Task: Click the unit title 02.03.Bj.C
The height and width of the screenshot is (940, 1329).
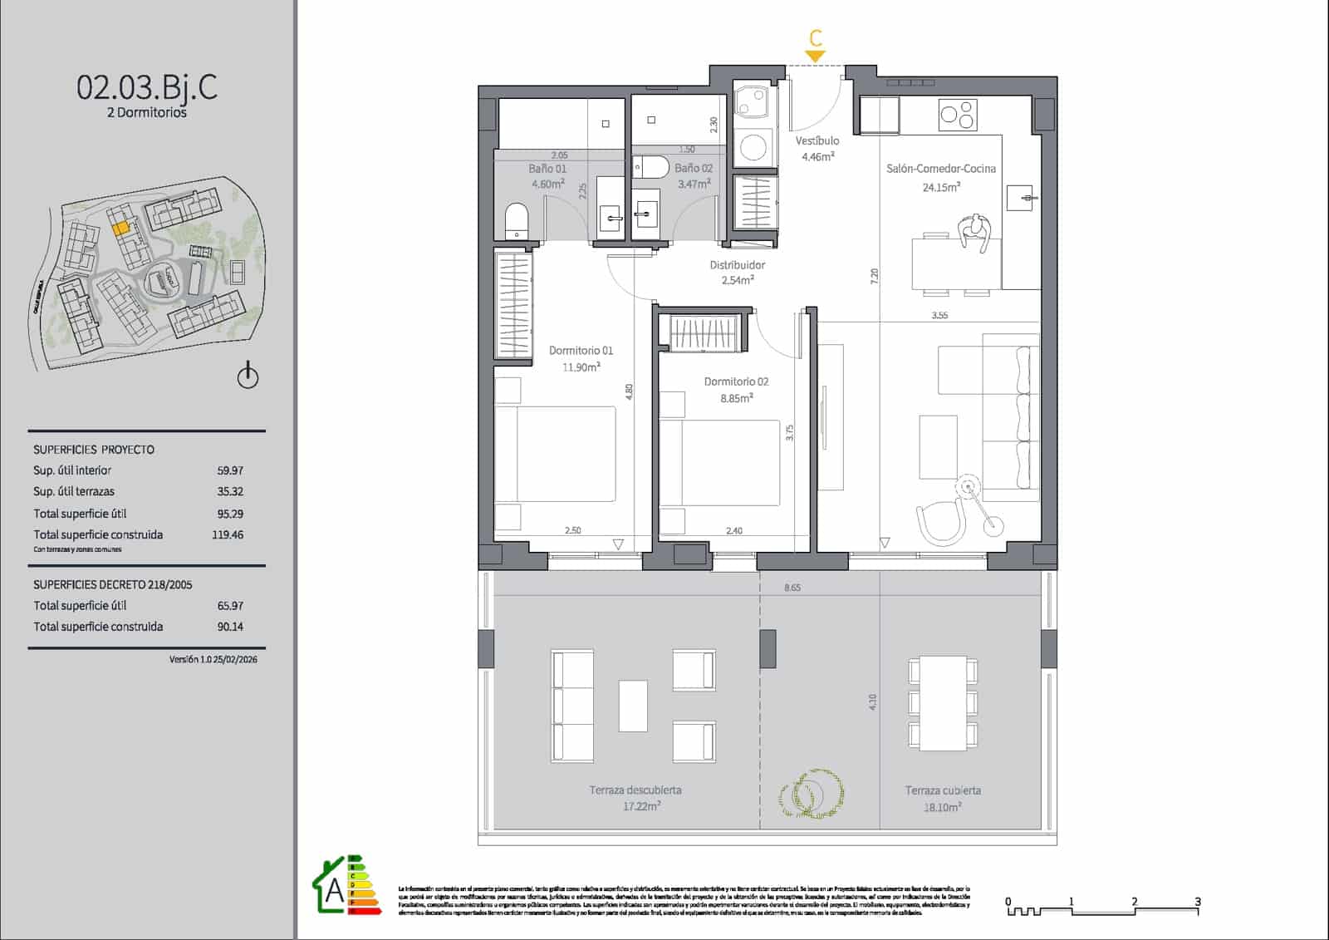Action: (147, 86)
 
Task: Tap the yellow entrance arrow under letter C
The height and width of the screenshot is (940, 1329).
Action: (816, 57)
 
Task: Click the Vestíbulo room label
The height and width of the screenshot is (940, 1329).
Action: (817, 141)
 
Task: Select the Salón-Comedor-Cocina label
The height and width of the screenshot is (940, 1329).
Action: (940, 169)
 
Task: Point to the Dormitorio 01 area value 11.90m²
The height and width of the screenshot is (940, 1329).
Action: (581, 367)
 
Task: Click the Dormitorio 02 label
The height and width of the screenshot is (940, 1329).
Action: (736, 381)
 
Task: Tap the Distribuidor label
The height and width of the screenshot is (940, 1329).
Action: (737, 265)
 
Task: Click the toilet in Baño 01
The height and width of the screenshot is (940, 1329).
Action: (517, 221)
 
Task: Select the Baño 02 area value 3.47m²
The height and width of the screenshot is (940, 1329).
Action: (694, 184)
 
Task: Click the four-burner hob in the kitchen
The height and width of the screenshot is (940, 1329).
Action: (958, 116)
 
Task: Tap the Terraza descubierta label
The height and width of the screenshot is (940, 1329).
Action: (635, 790)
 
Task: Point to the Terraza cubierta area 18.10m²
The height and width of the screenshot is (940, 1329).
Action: (942, 807)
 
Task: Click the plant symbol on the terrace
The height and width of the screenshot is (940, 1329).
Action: (812, 793)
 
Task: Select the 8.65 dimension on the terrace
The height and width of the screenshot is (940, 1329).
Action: (792, 588)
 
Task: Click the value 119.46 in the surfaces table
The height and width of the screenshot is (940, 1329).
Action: (228, 535)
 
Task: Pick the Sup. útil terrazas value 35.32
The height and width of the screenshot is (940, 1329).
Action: (230, 492)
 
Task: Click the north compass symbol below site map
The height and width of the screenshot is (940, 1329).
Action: (248, 376)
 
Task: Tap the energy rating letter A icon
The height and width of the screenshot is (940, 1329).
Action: (335, 891)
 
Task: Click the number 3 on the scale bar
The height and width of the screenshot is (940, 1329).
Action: (1197, 901)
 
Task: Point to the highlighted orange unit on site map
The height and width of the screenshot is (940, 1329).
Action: (120, 226)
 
